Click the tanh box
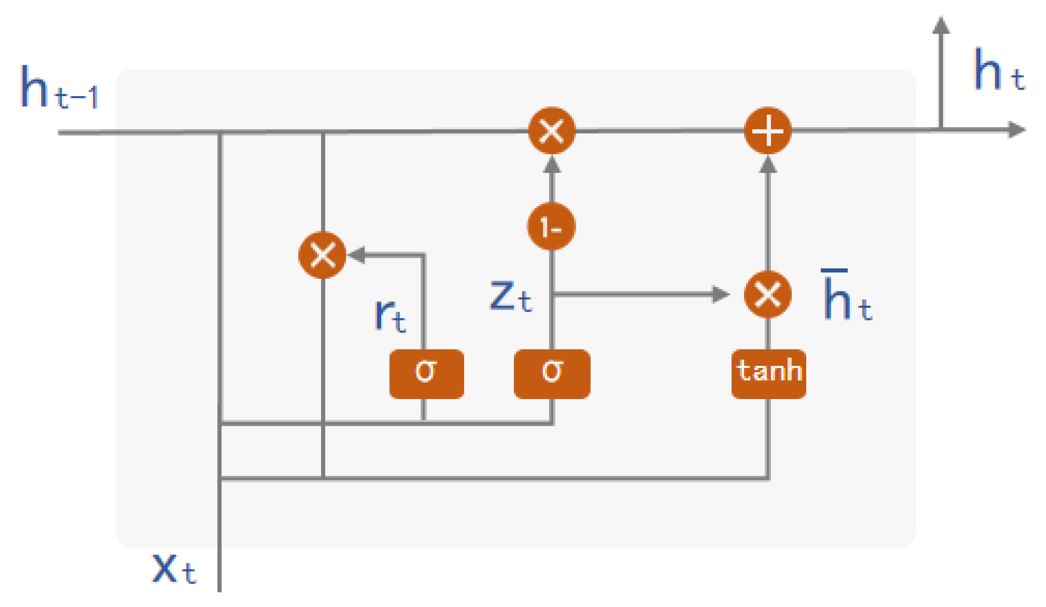[x=768, y=374]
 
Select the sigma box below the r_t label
[x=427, y=374]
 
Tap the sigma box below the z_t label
[x=552, y=374]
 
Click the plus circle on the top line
[x=767, y=130]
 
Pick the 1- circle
[x=551, y=226]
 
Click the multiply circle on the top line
[x=552, y=130]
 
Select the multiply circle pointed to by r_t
[x=322, y=255]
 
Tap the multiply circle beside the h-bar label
[x=767, y=294]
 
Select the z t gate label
[x=510, y=296]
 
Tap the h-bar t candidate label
[x=846, y=296]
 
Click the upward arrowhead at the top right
[x=940, y=25]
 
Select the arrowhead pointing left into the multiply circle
[x=357, y=255]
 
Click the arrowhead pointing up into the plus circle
[x=768, y=165]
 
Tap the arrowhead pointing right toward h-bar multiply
[x=720, y=294]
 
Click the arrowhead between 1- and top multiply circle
[x=552, y=165]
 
